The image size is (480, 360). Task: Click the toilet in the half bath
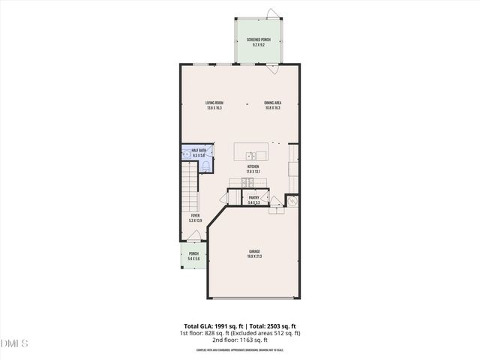point(209,159)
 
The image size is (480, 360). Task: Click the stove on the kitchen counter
point(247,182)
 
